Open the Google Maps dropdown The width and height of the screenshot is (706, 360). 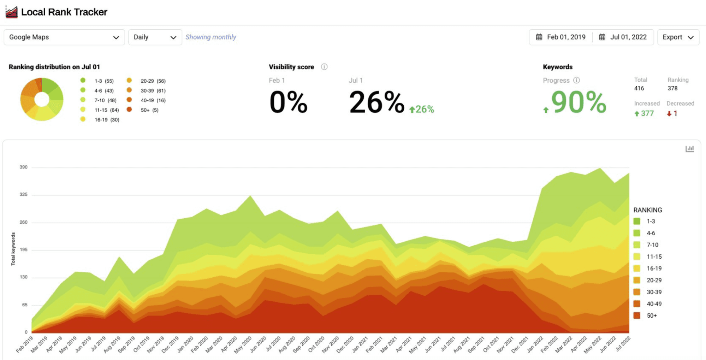[64, 37]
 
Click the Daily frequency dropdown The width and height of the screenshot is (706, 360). [155, 37]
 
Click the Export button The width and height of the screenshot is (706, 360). [678, 37]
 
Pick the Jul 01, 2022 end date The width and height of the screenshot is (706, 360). [623, 37]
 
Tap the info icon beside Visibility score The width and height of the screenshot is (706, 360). [324, 67]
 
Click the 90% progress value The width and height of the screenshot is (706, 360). [578, 102]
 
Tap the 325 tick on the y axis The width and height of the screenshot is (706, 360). [23, 195]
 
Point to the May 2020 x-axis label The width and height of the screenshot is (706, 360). [243, 344]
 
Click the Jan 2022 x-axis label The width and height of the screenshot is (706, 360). [535, 344]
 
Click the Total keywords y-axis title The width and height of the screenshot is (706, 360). [13, 249]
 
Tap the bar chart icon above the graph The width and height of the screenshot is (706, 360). [689, 149]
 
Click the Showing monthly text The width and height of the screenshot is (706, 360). [211, 37]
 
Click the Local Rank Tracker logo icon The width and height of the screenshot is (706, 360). [12, 12]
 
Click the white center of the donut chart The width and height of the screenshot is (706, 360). [42, 100]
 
